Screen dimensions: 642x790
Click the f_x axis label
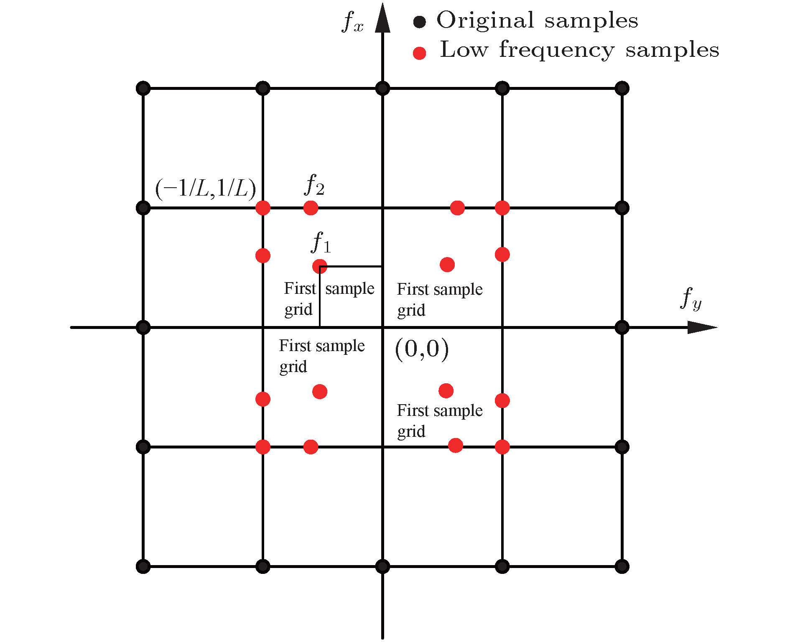click(352, 22)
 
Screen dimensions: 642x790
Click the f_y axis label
click(691, 298)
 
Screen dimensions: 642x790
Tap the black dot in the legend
click(419, 22)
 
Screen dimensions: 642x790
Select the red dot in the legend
click(419, 53)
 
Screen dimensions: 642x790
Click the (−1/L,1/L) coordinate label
click(205, 189)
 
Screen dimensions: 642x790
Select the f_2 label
click(314, 185)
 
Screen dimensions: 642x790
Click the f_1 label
click(321, 242)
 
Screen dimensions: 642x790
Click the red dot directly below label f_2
click(311, 208)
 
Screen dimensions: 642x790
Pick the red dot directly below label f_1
click(320, 266)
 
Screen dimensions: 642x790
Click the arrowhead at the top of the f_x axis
click(382, 19)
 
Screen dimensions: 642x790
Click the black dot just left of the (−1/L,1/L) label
click(143, 208)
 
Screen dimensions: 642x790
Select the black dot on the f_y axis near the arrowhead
click(622, 327)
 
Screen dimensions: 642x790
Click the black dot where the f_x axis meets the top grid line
click(382, 88)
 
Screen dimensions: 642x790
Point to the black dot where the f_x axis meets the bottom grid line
click(382, 567)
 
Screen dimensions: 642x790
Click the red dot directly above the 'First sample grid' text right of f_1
click(447, 265)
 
